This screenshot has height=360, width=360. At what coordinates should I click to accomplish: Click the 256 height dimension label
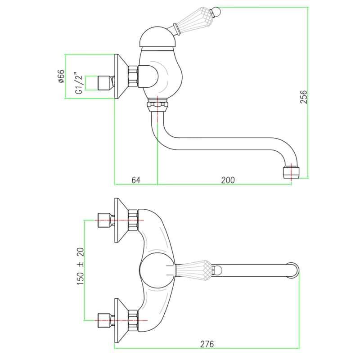pos(303,97)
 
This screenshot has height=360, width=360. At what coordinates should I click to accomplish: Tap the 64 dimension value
pos(136,180)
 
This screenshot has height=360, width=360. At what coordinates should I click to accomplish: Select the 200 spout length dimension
pos(228,180)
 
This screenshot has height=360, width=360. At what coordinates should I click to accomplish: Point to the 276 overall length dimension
pos(207,344)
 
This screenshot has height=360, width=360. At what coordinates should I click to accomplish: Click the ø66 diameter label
pos(61,76)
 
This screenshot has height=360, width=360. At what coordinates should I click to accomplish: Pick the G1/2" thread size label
pos(78,83)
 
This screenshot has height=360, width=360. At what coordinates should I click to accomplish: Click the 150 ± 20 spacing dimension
pos(81,266)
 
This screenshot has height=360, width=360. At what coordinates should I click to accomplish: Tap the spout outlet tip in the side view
pos(291,173)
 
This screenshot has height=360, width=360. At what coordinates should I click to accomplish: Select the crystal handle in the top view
pos(193,270)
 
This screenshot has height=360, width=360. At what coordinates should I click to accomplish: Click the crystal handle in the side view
pos(193,20)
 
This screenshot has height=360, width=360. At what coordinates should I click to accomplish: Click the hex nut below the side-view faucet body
pos(157,107)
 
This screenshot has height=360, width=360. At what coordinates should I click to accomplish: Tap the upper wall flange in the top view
pos(121,220)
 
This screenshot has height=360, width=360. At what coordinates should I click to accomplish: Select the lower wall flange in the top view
pos(121,320)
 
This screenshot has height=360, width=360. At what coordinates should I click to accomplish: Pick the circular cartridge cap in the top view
pos(157,271)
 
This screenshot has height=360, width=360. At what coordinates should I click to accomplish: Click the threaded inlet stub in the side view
pos(106,83)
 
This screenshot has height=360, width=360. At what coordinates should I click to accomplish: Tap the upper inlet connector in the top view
pos(106,220)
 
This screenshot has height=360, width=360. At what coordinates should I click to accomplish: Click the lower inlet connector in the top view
pos(106,320)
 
